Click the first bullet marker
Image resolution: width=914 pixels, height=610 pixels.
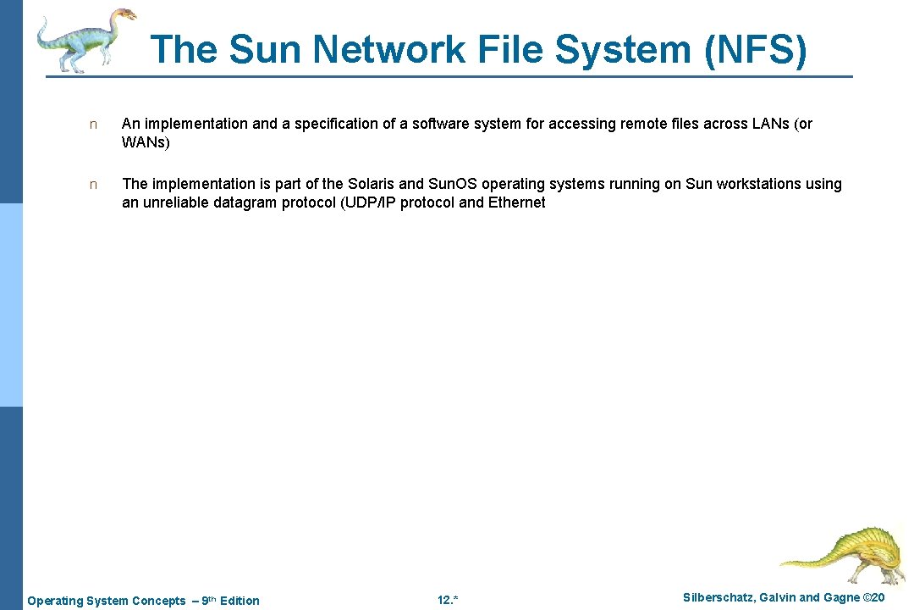pos(94,125)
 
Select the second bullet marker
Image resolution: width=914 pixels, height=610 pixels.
pos(94,185)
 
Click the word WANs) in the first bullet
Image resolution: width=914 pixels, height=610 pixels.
pos(146,142)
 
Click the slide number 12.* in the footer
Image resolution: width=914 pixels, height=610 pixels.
pos(448,601)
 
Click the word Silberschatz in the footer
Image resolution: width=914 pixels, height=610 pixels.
pos(719,598)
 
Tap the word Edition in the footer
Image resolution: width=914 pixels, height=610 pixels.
pos(240,601)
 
